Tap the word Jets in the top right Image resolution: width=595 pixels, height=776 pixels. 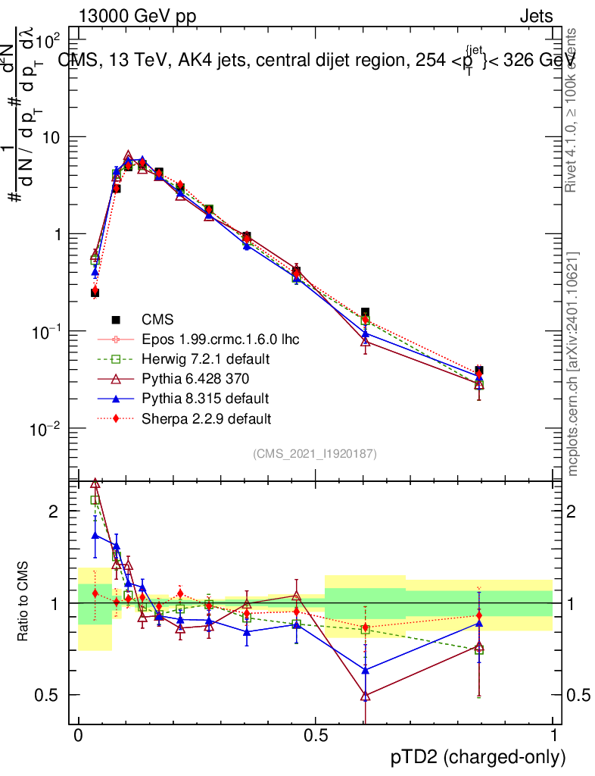[535, 17]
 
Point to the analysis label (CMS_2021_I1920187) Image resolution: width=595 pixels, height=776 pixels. [315, 453]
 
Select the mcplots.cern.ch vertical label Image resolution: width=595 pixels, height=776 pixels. [573, 364]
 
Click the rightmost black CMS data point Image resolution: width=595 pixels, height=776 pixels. [478, 371]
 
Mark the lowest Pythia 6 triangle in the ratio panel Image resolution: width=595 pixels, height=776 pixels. [366, 695]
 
